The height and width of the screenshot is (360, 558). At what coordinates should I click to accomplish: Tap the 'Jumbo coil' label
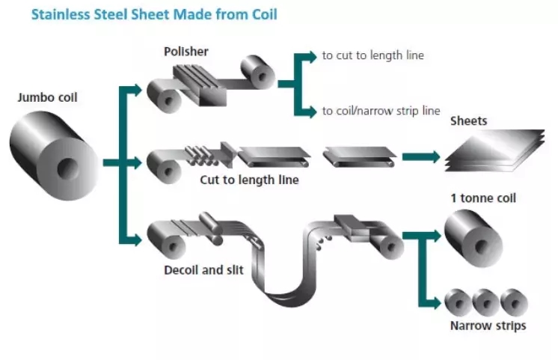[x=47, y=97]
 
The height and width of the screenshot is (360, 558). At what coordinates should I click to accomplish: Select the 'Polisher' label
[x=186, y=52]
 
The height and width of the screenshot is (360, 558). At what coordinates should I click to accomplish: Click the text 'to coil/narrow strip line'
[x=381, y=111]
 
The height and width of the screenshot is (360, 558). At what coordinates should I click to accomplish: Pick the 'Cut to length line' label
[x=249, y=180]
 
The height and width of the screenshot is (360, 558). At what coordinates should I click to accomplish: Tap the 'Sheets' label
[x=469, y=120]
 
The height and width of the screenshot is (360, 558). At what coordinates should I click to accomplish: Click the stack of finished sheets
[x=494, y=149]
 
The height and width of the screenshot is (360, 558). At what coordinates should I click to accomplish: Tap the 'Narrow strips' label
[x=488, y=326]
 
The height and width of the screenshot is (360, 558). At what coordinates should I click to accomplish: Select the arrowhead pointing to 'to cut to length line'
[x=311, y=55]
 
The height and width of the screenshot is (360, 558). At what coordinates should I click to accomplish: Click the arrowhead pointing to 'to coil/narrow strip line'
[x=311, y=112]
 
